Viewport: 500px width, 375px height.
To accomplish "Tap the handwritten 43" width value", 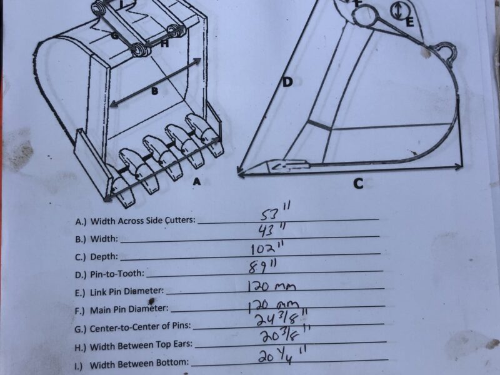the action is pos(271,229).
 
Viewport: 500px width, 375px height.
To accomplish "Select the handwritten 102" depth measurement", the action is pos(267,248).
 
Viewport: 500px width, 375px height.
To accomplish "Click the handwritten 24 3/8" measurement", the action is pos(282,318).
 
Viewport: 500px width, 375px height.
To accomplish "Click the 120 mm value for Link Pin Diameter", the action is pos(272,286).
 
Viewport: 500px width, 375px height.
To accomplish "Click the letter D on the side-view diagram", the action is pos(287,82).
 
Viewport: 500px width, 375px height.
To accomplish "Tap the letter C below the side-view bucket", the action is pos(358,184).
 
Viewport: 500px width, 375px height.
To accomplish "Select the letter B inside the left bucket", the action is pos(154,91).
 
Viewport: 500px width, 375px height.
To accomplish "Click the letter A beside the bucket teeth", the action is pos(197,182).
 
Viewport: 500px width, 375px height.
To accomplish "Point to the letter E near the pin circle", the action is pos(410,22).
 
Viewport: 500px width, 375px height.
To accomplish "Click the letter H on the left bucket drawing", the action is pos(164,44).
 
